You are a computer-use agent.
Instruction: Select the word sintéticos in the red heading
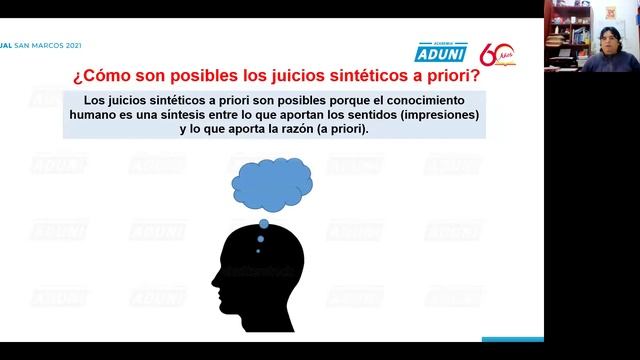321,74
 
